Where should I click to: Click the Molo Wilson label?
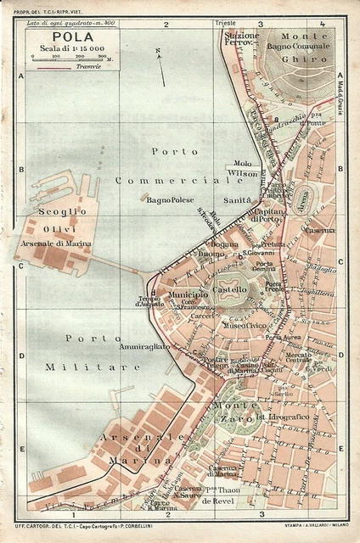(x=243, y=167)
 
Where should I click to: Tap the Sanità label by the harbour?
(x=236, y=199)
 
